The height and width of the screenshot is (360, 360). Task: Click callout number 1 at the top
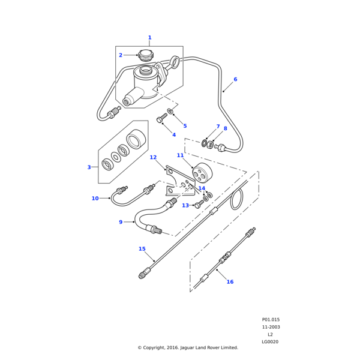point(149,38)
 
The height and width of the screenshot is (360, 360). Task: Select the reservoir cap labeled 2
point(146,56)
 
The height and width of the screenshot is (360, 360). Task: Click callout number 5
point(185,126)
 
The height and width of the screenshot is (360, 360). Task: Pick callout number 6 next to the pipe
point(235,79)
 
